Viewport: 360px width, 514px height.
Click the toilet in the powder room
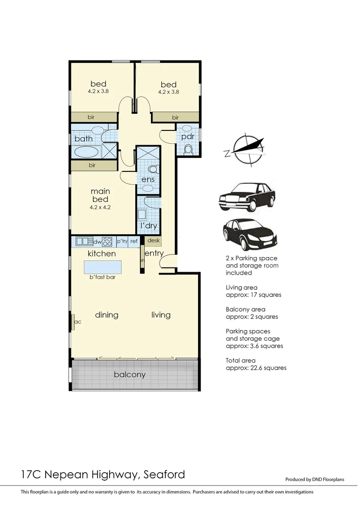188,149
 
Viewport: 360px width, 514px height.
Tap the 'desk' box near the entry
153,241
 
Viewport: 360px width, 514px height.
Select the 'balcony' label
130,375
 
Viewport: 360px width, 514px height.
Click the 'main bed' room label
100,196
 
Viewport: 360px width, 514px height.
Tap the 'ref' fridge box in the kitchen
134,241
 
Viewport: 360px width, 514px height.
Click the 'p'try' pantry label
122,241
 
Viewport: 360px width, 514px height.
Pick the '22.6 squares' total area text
268,368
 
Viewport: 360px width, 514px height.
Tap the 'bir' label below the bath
92,165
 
